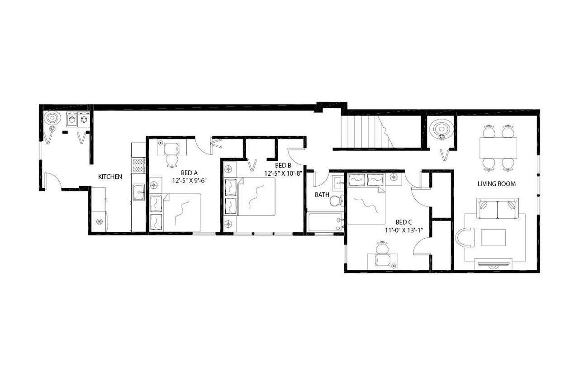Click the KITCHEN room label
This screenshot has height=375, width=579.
click(110, 177)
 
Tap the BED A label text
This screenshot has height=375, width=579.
click(189, 173)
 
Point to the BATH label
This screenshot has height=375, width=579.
click(322, 195)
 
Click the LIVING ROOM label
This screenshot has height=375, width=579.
click(497, 184)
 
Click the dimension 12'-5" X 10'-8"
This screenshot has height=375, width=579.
click(283, 173)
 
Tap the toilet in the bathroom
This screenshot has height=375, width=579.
click(336, 200)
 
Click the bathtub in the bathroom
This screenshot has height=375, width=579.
click(325, 222)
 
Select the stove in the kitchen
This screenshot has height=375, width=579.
click(138, 165)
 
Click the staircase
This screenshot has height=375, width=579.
click(366, 132)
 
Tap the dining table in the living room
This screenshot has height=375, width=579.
click(498, 148)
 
